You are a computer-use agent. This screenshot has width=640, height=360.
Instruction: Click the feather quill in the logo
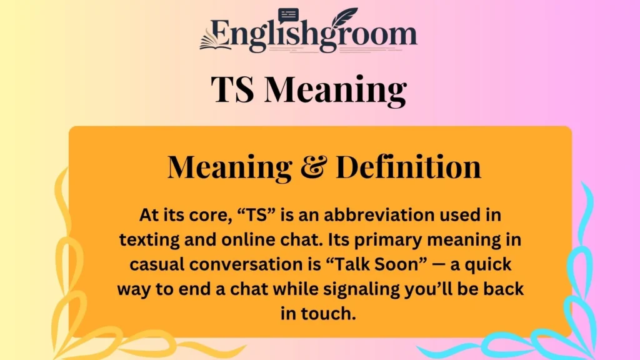(346, 19)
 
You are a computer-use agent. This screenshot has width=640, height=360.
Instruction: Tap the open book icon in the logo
(213, 42)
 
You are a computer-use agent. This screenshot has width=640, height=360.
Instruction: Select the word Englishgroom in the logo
(316, 36)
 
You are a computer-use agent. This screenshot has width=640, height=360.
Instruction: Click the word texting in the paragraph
(150, 240)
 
